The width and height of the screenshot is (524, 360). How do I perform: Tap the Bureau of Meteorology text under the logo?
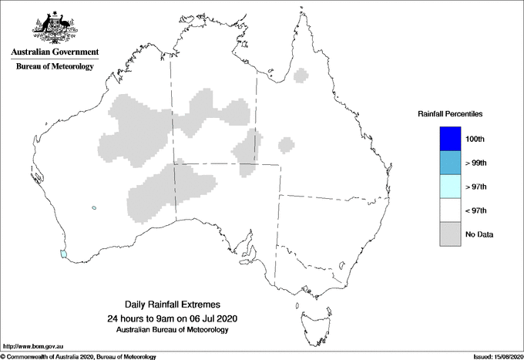(55, 67)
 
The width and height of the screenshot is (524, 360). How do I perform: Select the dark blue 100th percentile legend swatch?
(448, 139)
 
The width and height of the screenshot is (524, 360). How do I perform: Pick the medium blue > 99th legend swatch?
(448, 163)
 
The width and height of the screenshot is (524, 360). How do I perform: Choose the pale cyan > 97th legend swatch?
(448, 187)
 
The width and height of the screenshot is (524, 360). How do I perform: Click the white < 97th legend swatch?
(448, 210)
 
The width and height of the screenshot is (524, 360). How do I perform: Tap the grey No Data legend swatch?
(448, 234)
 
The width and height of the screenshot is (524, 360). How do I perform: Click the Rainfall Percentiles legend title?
(450, 113)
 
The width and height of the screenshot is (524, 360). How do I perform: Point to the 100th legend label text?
(475, 140)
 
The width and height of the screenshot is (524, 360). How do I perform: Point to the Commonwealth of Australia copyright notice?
(79, 356)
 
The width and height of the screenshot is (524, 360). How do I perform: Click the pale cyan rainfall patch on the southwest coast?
(64, 252)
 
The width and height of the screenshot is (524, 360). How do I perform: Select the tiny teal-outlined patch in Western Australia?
(93, 207)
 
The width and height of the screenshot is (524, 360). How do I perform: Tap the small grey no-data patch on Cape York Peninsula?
(304, 78)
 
